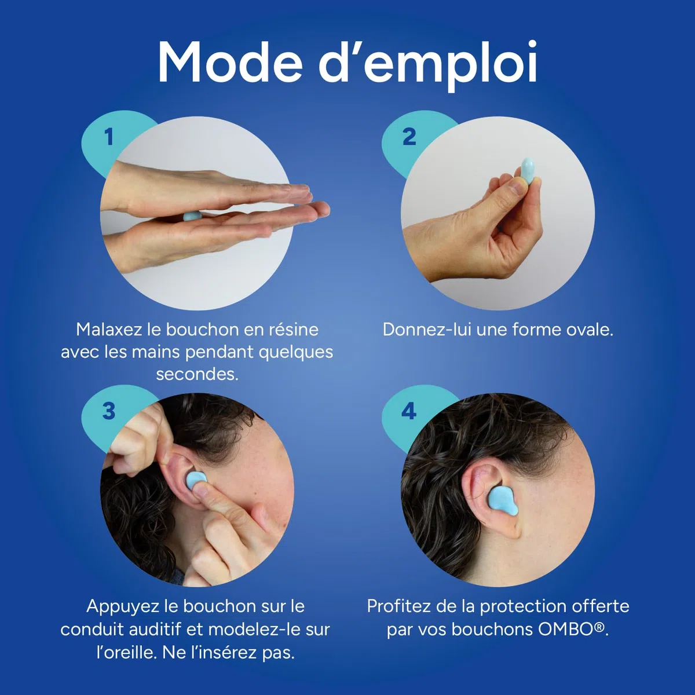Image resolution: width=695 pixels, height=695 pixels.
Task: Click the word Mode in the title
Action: point(230,63)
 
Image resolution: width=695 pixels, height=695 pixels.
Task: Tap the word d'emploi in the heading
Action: point(428,65)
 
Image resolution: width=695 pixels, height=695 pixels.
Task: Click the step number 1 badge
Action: point(108,137)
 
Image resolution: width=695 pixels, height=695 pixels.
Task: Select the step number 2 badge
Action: point(409,137)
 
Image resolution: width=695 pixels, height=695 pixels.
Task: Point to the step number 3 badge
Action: point(108,411)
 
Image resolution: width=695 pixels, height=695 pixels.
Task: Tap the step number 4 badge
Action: point(409,411)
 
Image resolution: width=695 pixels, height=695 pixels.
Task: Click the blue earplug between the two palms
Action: point(193,217)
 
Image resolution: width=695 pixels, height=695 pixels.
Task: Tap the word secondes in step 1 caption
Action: point(197,374)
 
